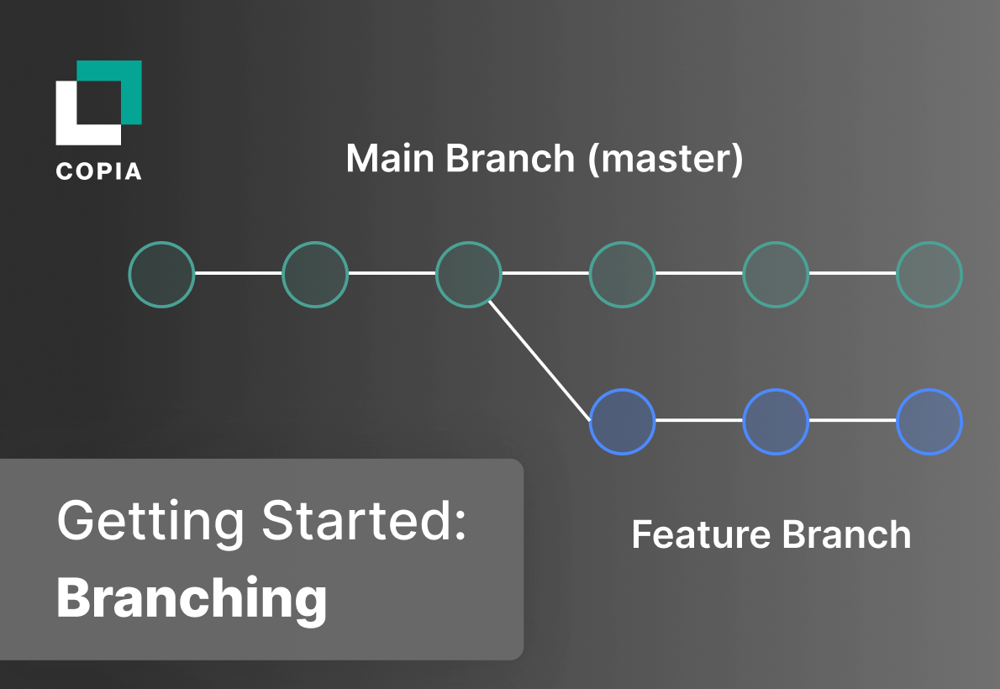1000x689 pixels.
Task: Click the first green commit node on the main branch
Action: click(x=161, y=274)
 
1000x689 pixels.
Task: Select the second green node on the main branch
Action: click(x=315, y=274)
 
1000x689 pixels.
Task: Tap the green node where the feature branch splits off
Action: click(x=469, y=274)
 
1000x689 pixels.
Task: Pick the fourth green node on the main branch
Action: click(x=622, y=274)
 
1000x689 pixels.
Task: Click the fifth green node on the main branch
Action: click(x=776, y=274)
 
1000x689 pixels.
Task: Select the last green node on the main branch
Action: click(x=929, y=274)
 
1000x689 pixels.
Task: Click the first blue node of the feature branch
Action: click(x=622, y=421)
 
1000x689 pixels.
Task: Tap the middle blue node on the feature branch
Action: click(x=776, y=421)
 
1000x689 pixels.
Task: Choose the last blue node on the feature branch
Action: click(x=929, y=421)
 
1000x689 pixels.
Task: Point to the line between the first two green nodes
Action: click(x=238, y=273)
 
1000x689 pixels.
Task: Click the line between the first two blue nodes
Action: click(x=698, y=420)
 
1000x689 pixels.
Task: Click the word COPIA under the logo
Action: click(x=98, y=171)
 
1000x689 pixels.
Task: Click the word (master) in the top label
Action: click(x=666, y=159)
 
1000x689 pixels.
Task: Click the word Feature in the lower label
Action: click(x=700, y=535)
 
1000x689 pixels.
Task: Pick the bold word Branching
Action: click(x=192, y=598)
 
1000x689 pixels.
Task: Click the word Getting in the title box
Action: click(x=152, y=521)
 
